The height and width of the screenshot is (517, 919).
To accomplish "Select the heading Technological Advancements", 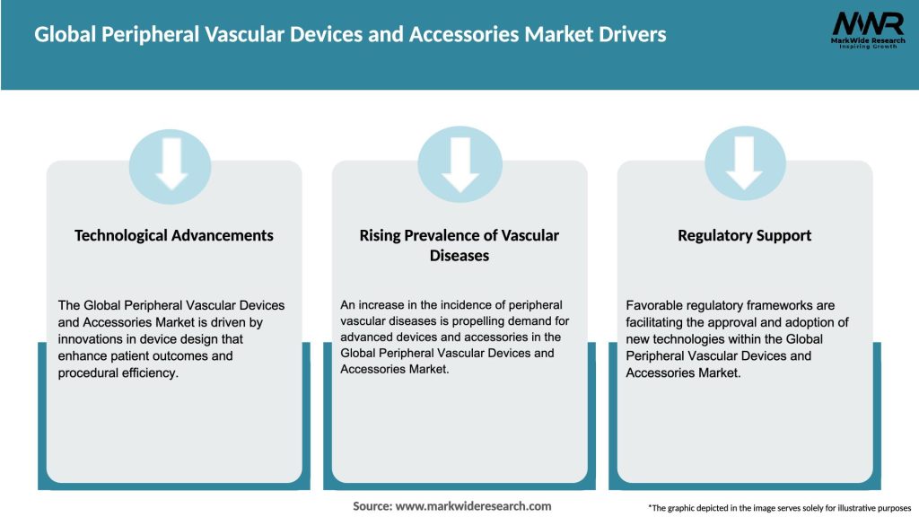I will pos(174,235).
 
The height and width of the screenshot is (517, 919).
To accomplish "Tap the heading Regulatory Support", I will pos(744,235).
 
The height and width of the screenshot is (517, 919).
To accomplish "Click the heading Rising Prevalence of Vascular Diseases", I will pos(459,245).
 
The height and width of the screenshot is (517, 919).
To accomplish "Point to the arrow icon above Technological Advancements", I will pos(171,164).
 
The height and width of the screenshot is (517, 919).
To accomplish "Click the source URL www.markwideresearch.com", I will pos(473,506).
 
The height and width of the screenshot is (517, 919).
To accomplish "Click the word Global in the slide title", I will pos(64,35).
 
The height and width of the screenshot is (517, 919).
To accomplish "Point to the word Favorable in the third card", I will pos(657,306).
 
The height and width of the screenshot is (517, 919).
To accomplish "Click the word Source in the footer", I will pos(372,506).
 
